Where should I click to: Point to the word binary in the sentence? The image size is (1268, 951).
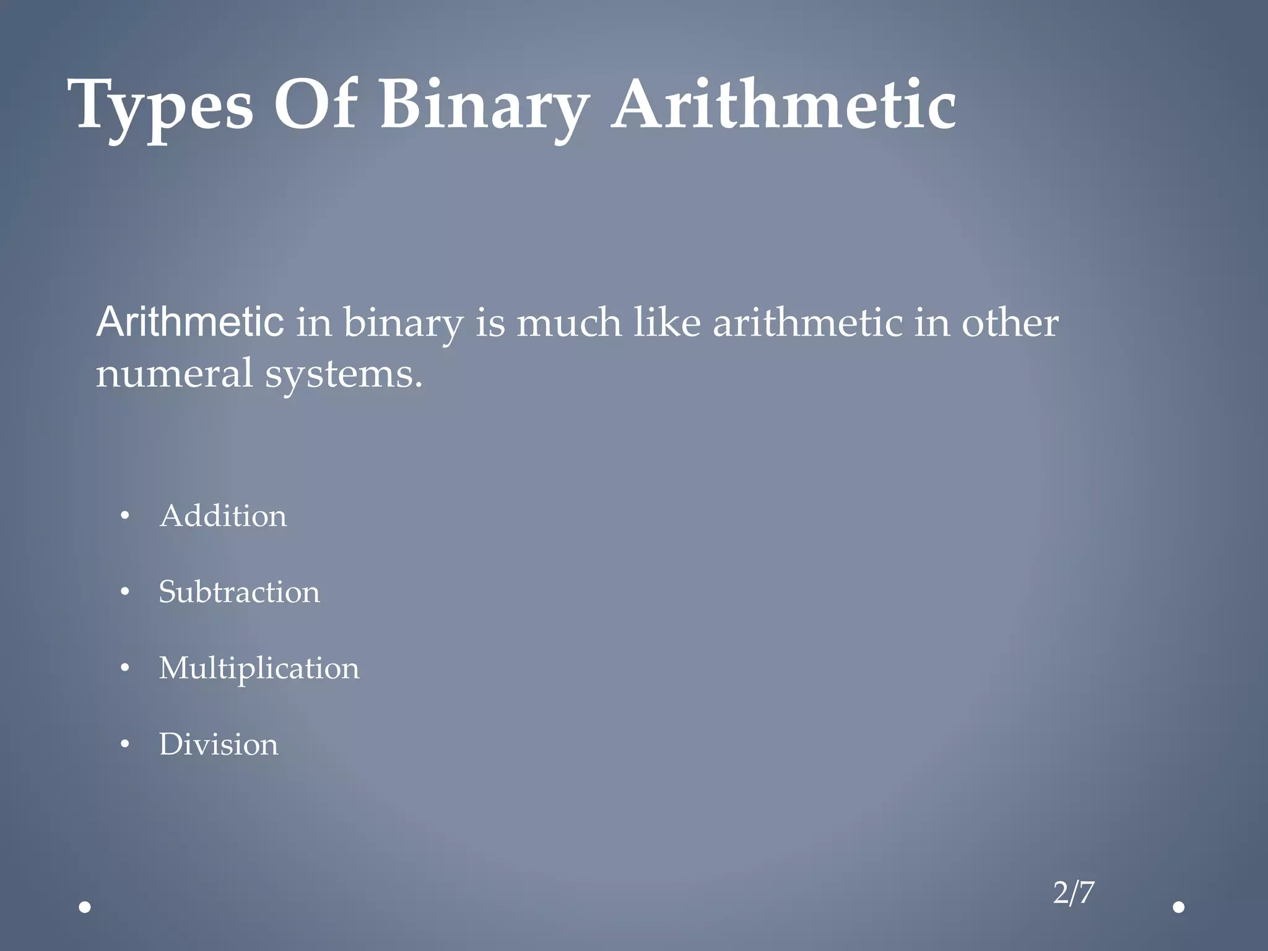403,323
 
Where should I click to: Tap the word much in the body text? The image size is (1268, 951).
568,323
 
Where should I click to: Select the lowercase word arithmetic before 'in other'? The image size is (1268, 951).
807,323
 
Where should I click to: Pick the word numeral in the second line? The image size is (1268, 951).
174,374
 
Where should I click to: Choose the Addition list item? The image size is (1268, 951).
223,516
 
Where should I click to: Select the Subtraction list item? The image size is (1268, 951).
239,592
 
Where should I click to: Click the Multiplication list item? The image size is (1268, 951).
259,669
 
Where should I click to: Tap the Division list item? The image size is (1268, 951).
219,744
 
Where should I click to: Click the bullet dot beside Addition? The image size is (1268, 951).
125,516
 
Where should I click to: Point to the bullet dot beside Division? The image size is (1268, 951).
125,745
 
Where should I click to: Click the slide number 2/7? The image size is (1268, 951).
1074,893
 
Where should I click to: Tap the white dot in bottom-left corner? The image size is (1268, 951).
85,908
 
